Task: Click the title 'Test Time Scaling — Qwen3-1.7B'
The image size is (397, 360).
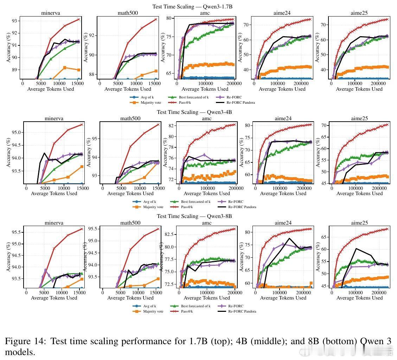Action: [192, 7]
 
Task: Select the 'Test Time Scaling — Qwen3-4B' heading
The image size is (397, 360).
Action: [194, 112]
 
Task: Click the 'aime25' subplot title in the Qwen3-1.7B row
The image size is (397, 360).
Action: [359, 13]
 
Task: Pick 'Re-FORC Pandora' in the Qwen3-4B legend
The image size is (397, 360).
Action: [242, 207]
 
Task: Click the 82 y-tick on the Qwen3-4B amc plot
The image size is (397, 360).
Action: [172, 126]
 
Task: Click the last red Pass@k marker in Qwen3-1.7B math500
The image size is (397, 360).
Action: [155, 19]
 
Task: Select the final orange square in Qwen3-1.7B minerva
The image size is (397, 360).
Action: [79, 70]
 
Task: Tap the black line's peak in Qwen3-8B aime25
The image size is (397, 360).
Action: [356, 249]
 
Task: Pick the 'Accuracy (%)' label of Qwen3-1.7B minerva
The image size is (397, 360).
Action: [8, 48]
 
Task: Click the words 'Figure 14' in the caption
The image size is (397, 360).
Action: [24, 341]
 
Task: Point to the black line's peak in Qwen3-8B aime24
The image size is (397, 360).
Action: [289, 238]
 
